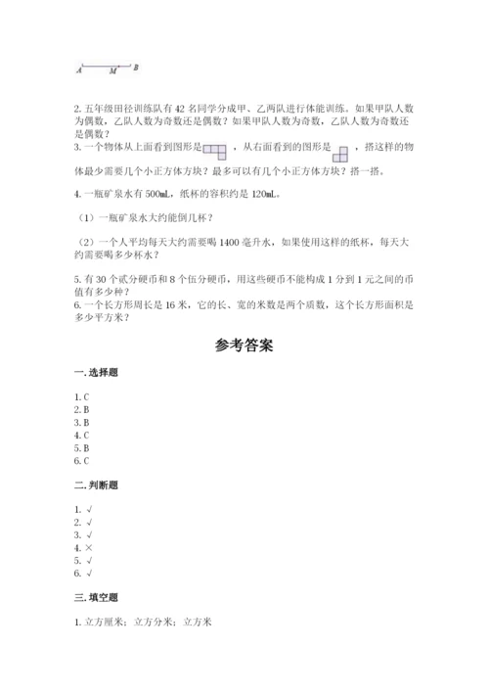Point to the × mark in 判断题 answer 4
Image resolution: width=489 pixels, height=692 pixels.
click(x=89, y=550)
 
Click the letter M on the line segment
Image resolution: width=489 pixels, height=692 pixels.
click(x=113, y=70)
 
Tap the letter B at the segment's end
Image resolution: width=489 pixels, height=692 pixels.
click(x=135, y=68)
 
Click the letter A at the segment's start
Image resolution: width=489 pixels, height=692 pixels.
click(x=78, y=70)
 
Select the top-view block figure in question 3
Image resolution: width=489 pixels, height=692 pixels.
click(x=214, y=150)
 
